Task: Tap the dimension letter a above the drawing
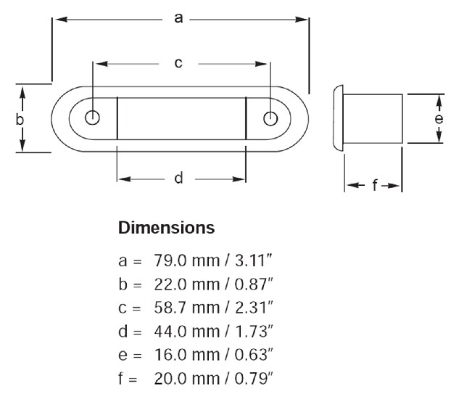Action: (x=178, y=18)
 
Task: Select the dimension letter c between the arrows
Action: (x=178, y=63)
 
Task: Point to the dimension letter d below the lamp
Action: (x=178, y=178)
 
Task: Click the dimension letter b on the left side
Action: (x=20, y=120)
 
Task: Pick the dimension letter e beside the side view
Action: (x=439, y=118)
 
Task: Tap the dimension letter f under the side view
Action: (x=375, y=185)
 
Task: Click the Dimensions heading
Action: (x=166, y=228)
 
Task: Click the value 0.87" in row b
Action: (x=253, y=284)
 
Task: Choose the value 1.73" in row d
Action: (x=253, y=331)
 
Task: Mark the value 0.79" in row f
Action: (x=253, y=378)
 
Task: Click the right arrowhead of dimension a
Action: (x=302, y=20)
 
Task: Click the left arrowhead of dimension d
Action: (x=124, y=179)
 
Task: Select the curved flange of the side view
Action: (x=338, y=118)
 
